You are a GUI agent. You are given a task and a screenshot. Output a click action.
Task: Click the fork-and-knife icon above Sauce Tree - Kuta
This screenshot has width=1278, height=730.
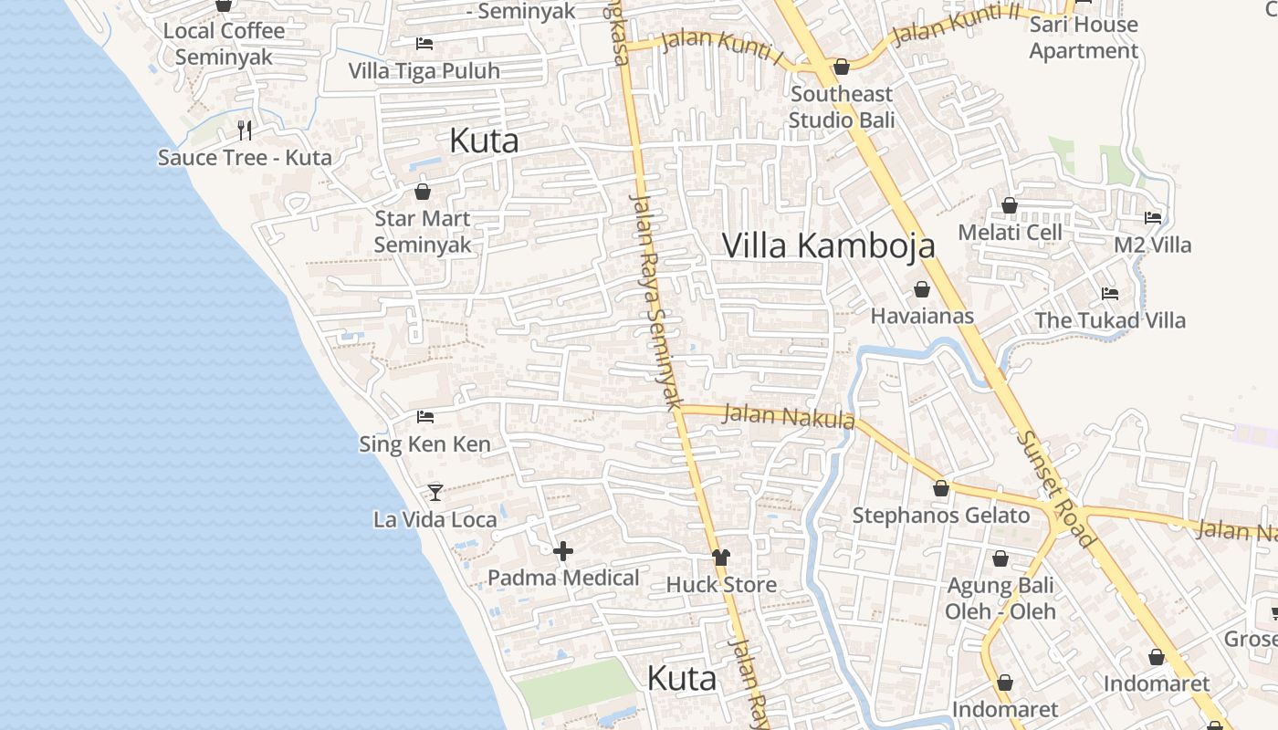[x=244, y=130]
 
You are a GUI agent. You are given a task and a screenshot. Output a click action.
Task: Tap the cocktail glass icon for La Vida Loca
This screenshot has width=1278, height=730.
[x=435, y=493]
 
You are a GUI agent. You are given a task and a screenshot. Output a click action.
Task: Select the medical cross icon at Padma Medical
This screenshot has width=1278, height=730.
[x=563, y=551]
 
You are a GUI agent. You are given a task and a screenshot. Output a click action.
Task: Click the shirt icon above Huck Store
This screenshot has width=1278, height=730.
[x=721, y=558]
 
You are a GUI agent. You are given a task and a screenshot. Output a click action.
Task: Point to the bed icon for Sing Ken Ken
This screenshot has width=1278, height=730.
[x=424, y=417]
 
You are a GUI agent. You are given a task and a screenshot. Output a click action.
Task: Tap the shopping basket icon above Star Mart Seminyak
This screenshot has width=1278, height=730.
[x=422, y=192]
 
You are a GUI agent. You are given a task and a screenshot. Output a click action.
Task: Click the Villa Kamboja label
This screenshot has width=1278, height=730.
[x=829, y=245]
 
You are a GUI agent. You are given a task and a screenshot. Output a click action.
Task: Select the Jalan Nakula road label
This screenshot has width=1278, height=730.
[x=788, y=416]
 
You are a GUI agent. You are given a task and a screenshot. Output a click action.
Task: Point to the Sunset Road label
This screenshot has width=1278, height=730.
[x=1055, y=489]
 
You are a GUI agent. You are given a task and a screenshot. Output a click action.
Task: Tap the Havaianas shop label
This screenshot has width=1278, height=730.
[x=922, y=316]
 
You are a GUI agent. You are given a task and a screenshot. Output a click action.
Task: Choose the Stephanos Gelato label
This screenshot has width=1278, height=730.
[x=940, y=516]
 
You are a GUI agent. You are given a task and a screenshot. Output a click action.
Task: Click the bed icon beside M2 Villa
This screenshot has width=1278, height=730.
[x=1153, y=218]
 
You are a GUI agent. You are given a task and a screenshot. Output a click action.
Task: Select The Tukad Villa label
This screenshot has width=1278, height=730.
[x=1109, y=320]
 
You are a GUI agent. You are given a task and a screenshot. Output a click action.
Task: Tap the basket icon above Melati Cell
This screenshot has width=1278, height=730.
[x=1010, y=205]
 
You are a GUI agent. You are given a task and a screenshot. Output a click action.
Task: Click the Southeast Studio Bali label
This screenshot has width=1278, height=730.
[x=841, y=107]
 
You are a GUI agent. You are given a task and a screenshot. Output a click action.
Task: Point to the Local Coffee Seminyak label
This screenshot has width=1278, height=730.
[x=224, y=43]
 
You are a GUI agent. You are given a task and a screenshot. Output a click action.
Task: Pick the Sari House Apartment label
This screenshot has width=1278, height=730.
[x=1084, y=37]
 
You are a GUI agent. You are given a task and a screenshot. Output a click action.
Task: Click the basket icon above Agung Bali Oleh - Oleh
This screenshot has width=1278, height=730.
[x=1000, y=558]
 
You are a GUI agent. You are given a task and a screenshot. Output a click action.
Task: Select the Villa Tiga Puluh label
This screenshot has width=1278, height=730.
[x=424, y=70]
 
